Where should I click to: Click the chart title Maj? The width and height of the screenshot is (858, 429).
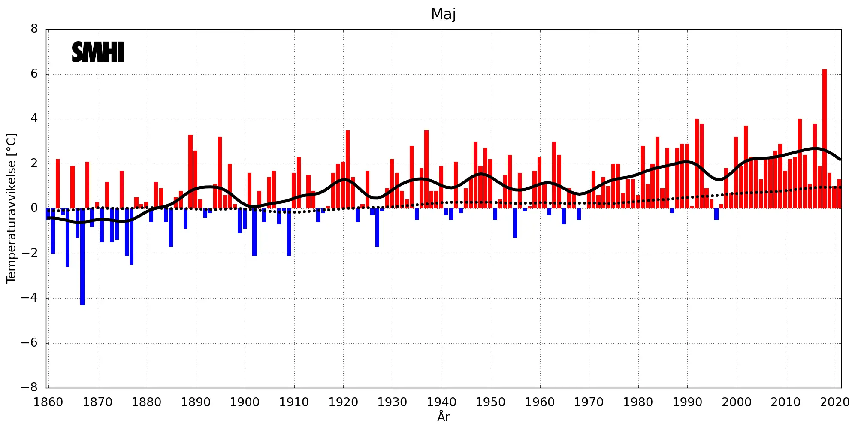[443, 14]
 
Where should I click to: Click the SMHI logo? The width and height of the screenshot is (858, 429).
[98, 52]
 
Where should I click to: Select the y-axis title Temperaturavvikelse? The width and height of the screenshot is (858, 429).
[12, 208]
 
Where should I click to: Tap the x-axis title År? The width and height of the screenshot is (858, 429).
[443, 417]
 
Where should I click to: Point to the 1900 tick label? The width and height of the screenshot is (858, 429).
[245, 402]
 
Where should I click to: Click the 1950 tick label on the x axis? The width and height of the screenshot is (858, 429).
[490, 402]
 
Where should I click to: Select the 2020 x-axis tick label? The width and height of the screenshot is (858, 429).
[835, 402]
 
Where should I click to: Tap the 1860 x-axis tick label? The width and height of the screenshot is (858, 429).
[48, 402]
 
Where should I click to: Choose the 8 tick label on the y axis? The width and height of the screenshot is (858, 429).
[34, 29]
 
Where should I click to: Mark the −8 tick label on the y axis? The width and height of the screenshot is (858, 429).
[30, 387]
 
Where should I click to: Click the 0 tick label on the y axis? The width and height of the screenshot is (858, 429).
[34, 208]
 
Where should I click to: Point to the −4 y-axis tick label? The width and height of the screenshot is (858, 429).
[30, 298]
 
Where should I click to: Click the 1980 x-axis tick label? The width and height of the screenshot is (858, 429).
[638, 402]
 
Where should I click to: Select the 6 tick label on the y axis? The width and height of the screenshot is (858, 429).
[34, 74]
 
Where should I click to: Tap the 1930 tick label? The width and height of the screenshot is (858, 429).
[392, 402]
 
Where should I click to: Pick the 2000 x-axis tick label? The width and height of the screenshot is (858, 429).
[736, 402]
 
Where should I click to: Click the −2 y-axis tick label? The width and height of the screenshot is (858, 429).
[30, 253]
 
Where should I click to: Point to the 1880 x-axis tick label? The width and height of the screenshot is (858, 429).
[146, 402]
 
